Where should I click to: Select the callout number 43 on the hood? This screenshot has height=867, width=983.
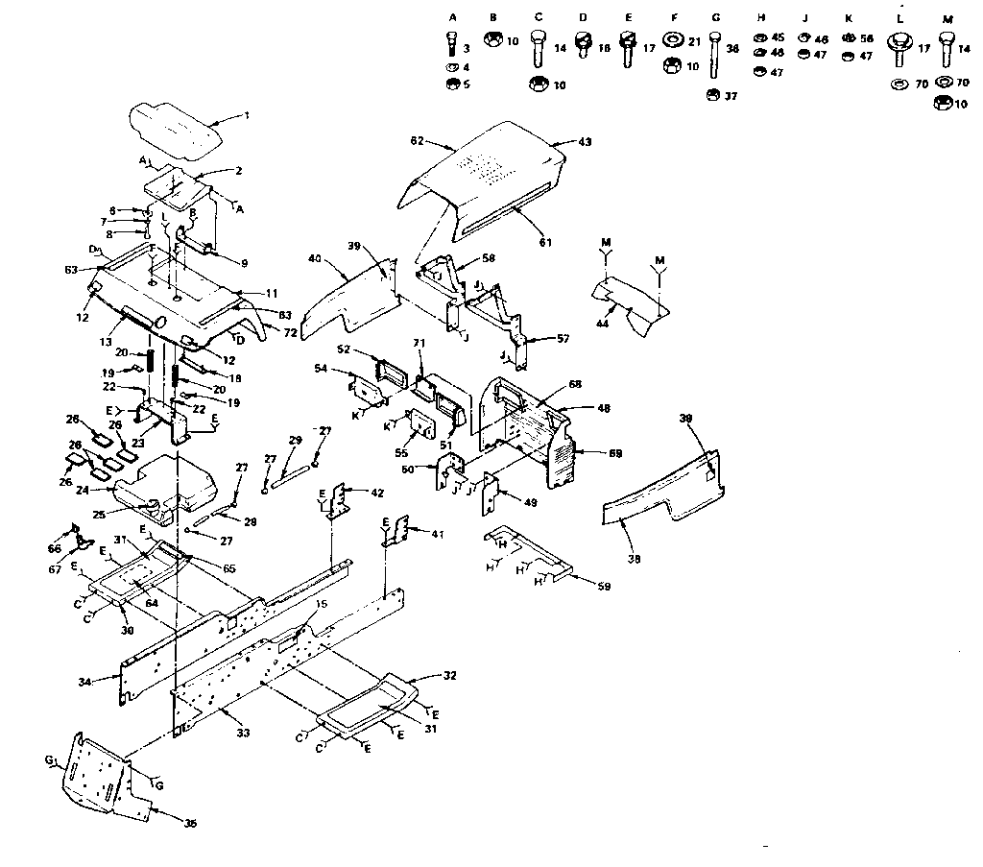click(x=585, y=142)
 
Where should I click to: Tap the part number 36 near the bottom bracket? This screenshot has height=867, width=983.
click(x=190, y=824)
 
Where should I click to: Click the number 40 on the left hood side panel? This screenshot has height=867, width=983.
click(x=313, y=257)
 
